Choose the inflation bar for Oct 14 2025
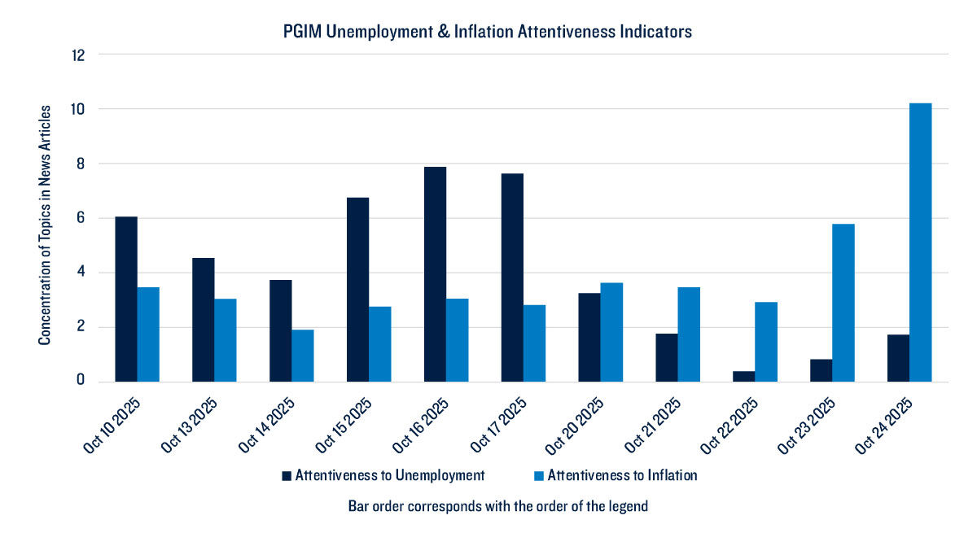(x=303, y=356)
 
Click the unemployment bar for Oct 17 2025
(x=512, y=277)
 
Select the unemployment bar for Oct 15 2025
(x=357, y=290)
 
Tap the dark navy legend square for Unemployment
(x=286, y=475)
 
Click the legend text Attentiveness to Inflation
(x=622, y=475)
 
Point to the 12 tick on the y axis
(x=80, y=55)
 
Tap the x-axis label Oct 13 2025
(x=188, y=422)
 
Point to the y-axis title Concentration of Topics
(x=46, y=224)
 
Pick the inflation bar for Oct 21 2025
(x=689, y=334)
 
